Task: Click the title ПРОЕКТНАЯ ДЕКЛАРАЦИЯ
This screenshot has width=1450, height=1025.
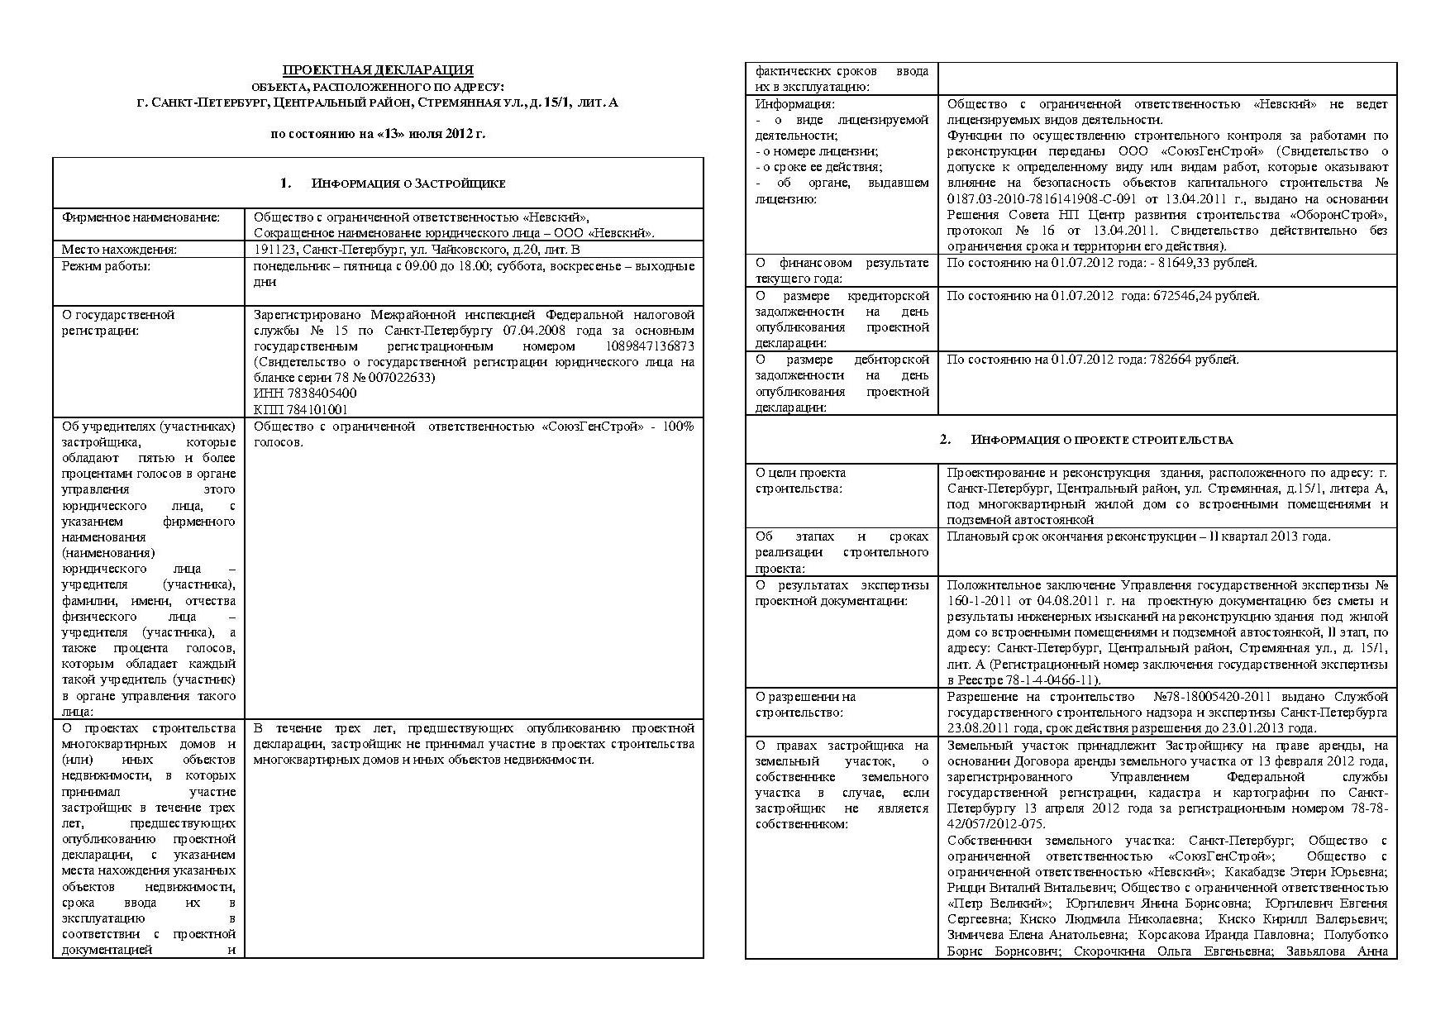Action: [x=378, y=70]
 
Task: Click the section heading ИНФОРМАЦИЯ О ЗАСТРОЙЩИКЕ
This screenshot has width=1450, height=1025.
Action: [x=408, y=184]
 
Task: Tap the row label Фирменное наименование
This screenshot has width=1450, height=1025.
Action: [x=141, y=217]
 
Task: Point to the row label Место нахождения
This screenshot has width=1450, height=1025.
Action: [x=120, y=249]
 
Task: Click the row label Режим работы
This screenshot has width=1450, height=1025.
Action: [x=107, y=265]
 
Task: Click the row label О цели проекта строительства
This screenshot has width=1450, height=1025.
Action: [x=800, y=480]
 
